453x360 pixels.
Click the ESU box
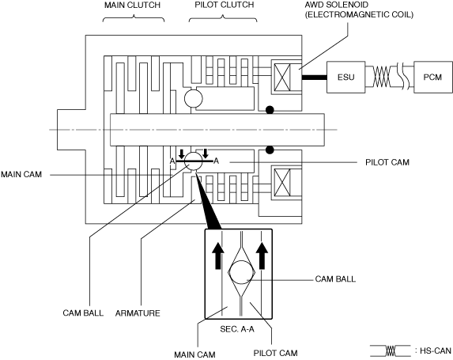click(345, 78)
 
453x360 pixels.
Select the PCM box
click(432, 78)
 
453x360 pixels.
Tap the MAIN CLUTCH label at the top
click(132, 6)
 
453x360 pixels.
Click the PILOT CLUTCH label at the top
click(225, 5)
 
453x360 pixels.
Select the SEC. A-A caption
click(237, 329)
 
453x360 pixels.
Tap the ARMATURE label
click(138, 313)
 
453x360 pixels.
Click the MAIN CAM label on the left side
click(21, 174)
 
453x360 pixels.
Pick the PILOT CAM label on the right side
click(387, 162)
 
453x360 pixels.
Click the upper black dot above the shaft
click(270, 110)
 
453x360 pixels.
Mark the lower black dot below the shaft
click(270, 150)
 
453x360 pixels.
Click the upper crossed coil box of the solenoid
click(282, 78)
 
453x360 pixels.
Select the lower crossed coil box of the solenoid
click(282, 183)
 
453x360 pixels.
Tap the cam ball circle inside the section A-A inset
click(241, 272)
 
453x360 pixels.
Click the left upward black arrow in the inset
click(218, 256)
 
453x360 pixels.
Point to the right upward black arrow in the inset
click(262, 256)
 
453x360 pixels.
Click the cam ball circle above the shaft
click(194, 98)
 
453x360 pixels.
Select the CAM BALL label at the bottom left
click(83, 313)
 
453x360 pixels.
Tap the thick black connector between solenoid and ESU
click(315, 78)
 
